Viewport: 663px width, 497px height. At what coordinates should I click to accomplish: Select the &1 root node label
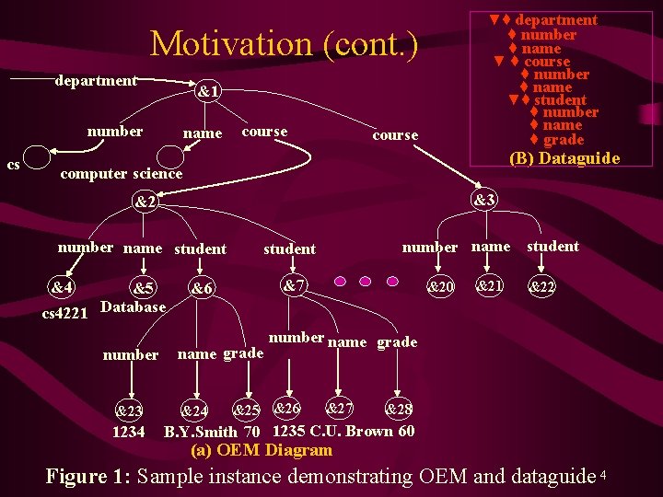207,92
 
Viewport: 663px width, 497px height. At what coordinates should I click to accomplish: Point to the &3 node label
484,200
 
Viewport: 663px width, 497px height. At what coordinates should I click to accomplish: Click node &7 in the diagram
294,285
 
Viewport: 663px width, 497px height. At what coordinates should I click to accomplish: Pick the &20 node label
439,287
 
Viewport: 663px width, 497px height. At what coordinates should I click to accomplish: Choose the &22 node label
541,287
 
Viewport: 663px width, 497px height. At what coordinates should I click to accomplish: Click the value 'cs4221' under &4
64,313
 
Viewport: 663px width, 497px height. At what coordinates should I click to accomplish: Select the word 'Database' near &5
133,306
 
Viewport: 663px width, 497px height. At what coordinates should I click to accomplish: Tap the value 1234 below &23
128,431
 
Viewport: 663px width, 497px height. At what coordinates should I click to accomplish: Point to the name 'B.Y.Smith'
200,431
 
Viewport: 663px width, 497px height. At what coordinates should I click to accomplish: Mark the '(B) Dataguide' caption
565,158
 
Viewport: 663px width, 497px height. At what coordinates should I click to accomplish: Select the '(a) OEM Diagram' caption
261,450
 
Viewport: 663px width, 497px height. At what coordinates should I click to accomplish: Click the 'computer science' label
121,173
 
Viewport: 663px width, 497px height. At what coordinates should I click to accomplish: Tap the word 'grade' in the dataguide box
564,139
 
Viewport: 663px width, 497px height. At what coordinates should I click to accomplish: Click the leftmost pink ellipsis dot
341,281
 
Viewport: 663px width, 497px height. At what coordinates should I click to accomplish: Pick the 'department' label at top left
96,81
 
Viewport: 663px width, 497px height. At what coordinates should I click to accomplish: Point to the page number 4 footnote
602,474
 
